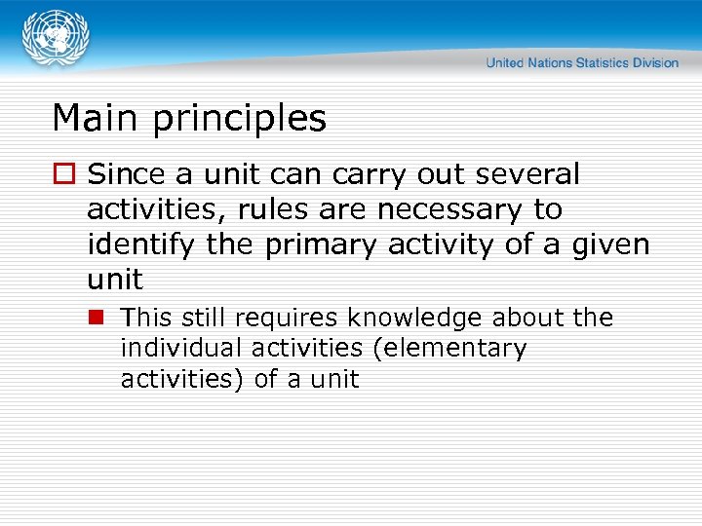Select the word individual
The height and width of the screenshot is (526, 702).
tap(180, 348)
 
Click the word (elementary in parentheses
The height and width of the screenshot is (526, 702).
tap(453, 349)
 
